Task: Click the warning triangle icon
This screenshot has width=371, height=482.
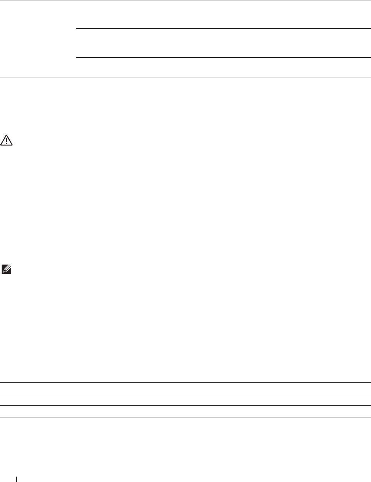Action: click(7, 140)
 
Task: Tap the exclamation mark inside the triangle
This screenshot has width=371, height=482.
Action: click(7, 141)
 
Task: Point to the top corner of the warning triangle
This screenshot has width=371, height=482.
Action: click(7, 135)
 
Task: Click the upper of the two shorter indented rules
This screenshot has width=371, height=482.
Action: click(222, 28)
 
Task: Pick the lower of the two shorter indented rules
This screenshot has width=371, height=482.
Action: click(222, 58)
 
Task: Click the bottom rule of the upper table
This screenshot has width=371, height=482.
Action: click(185, 90)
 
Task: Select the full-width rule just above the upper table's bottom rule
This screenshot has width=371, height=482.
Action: click(185, 77)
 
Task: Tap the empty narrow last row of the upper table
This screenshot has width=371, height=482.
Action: click(185, 84)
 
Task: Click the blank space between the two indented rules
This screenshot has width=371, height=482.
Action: click(222, 43)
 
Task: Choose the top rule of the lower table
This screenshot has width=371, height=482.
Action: click(185, 383)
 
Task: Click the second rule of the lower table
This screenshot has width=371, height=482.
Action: click(185, 394)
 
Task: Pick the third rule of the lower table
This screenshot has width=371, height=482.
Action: click(185, 405)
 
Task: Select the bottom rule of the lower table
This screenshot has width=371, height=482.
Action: click(185, 417)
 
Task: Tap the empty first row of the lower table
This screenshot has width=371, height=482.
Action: click(185, 388)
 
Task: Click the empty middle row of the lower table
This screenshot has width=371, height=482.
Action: click(185, 400)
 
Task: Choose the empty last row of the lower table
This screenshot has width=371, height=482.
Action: click(185, 411)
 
